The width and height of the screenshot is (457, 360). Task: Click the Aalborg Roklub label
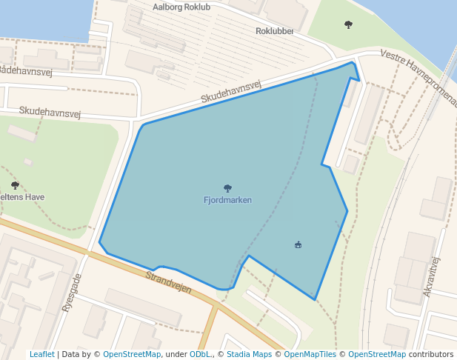click(181, 7)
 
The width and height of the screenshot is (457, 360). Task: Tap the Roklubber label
click(275, 31)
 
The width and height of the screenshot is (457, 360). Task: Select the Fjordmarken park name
click(227, 200)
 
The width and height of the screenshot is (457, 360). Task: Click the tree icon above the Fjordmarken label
click(227, 188)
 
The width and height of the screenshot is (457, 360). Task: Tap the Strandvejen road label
click(169, 282)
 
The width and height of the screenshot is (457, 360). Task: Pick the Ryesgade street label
click(71, 292)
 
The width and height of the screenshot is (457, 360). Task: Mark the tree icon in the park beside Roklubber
click(348, 24)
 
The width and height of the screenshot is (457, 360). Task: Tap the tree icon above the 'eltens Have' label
click(15, 185)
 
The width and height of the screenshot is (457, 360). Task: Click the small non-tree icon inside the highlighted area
click(298, 244)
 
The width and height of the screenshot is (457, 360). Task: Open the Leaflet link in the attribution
click(41, 354)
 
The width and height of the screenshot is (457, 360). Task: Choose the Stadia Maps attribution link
click(249, 354)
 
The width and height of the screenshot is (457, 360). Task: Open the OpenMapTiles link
click(307, 354)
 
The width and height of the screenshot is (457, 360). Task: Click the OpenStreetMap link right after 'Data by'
click(132, 354)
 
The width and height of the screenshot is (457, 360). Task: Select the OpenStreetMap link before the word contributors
click(377, 354)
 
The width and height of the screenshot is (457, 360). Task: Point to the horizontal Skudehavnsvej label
click(49, 112)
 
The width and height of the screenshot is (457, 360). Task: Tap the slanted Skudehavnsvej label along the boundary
click(232, 93)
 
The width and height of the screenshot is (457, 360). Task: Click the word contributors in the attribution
click(430, 354)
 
